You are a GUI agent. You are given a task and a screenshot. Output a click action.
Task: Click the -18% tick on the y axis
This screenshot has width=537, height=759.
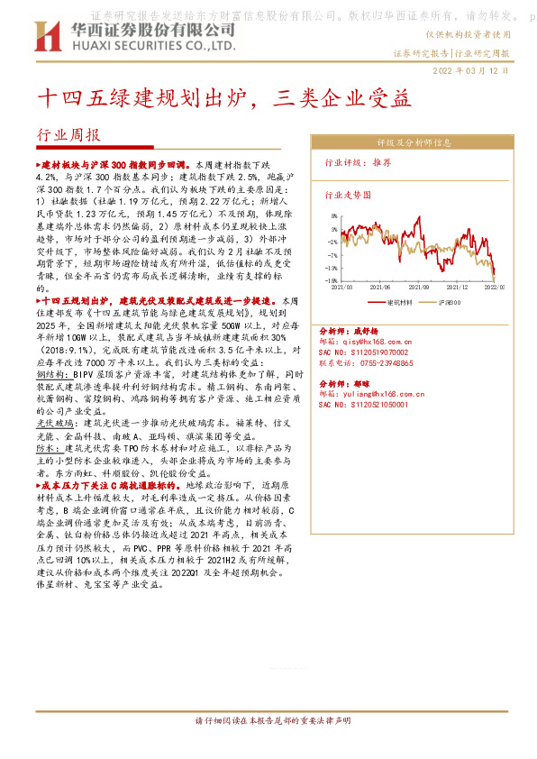coord(332,280)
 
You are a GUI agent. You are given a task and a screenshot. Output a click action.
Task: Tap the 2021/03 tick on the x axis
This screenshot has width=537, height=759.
coord(344,287)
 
